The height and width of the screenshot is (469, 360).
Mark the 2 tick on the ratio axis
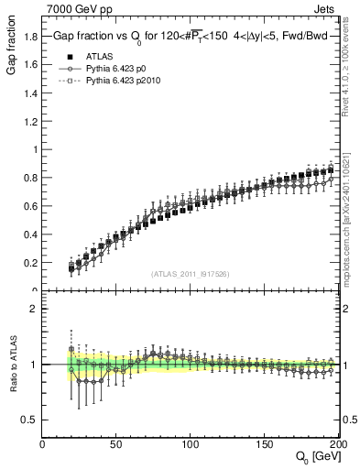[x=35, y=309]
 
